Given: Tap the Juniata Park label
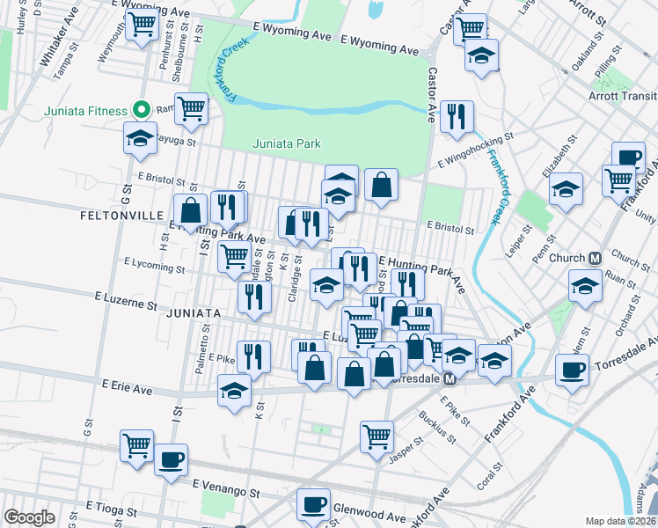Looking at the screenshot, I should (286, 143).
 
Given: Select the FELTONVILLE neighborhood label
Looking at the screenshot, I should (122, 215).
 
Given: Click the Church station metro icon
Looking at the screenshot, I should (596, 258).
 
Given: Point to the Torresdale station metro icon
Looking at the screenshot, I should (449, 378).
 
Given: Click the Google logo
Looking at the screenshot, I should (29, 517).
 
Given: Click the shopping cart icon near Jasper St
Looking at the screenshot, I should (377, 435).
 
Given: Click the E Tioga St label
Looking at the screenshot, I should (110, 510).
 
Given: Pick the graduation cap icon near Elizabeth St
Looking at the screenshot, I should (566, 187).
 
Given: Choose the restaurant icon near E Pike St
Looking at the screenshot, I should (253, 356).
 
